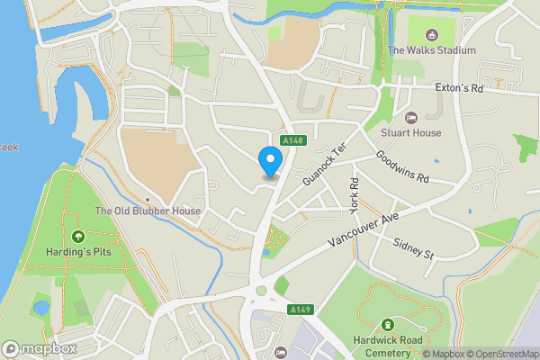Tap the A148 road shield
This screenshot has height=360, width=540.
pyautogui.click(x=292, y=140)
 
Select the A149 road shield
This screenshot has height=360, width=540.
pyautogui.click(x=300, y=310)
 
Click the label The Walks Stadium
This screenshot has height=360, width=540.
pyautogui.click(x=431, y=50)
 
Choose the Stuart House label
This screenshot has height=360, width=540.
pyautogui.click(x=411, y=132)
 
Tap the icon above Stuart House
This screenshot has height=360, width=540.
pyautogui.click(x=411, y=117)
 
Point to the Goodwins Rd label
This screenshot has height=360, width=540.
pyautogui.click(x=415, y=167)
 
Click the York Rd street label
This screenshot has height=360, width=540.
pyautogui.click(x=355, y=194)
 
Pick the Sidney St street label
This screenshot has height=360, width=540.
pyautogui.click(x=415, y=249)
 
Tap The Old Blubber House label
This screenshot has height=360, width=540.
pyautogui.click(x=148, y=211)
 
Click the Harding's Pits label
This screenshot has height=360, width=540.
pyautogui.click(x=77, y=253)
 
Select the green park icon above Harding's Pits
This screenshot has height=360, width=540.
pyautogui.click(x=77, y=238)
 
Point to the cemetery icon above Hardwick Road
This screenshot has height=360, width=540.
pyautogui.click(x=388, y=324)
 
